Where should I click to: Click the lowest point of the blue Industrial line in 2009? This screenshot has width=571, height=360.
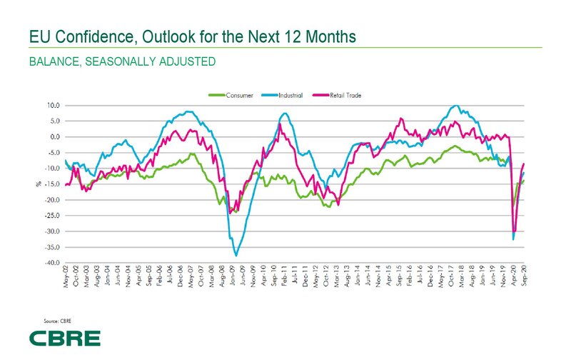coord(236,255)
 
